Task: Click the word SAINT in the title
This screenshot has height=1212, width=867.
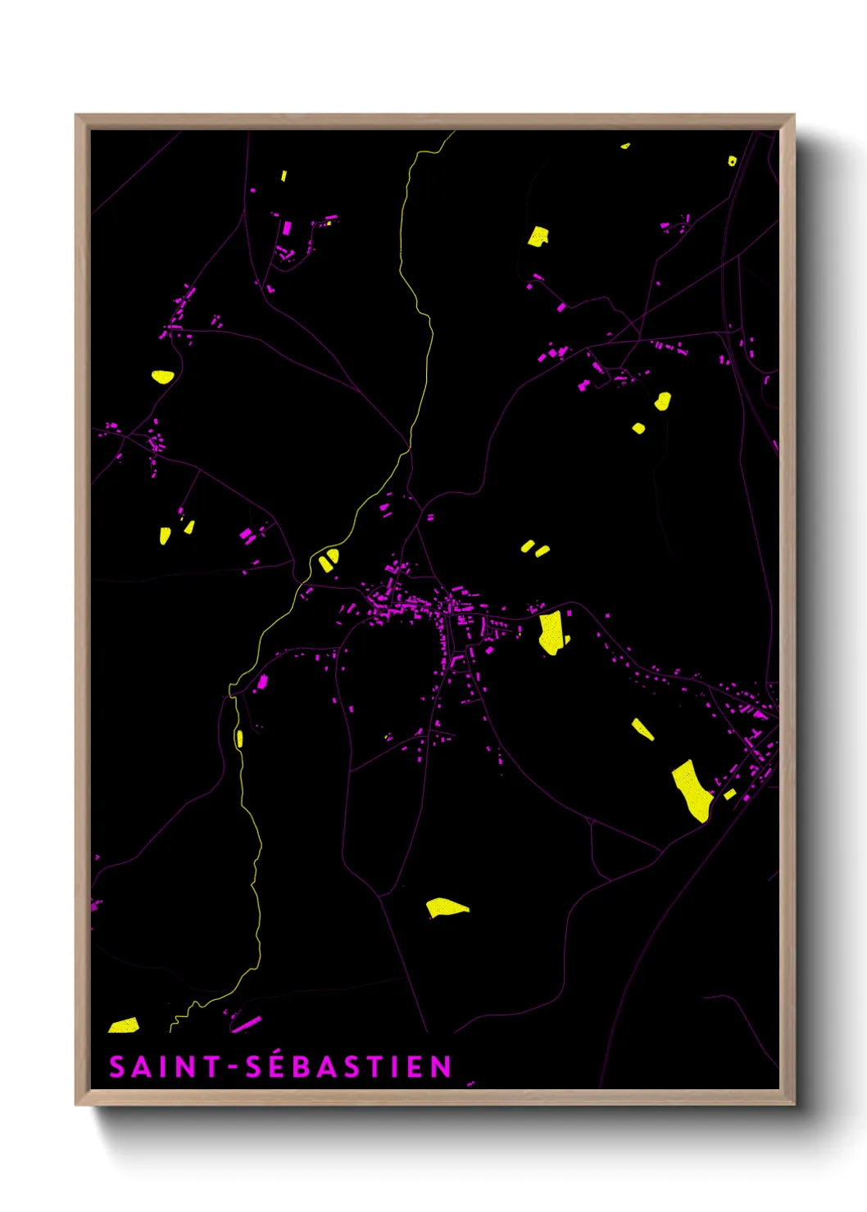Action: tap(165, 1066)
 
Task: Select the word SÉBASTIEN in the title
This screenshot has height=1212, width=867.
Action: tap(349, 1066)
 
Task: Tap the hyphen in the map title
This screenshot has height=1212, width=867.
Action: tap(234, 1067)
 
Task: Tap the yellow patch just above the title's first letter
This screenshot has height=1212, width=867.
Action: tap(124, 1025)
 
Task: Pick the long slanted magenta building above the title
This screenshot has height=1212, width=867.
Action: tap(246, 1024)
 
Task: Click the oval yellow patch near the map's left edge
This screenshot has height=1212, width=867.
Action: tap(163, 377)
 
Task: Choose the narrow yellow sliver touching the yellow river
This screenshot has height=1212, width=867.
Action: tap(239, 739)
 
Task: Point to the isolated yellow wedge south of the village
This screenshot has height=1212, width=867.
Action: tap(446, 907)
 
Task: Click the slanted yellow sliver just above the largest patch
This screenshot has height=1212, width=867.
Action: tap(642, 729)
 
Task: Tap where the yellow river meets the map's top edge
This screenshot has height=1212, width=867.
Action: tap(452, 133)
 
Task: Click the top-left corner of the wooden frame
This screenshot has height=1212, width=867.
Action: tap(76, 115)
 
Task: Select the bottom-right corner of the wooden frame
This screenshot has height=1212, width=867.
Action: tap(793, 1104)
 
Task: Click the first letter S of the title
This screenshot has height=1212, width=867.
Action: tap(117, 1066)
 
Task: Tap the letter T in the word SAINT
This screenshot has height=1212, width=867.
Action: tap(212, 1066)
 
